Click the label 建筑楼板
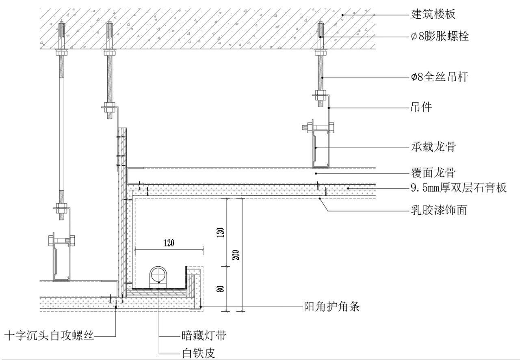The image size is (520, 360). tap(431, 15)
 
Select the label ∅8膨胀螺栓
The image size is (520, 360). tap(439, 37)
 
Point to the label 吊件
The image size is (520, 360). tap(420, 108)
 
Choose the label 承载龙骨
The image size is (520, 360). tap(431, 147)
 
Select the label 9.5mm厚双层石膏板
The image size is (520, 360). tap(459, 188)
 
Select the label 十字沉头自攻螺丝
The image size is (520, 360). tap(49, 336)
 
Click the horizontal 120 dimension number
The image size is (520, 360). tap(169, 243)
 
